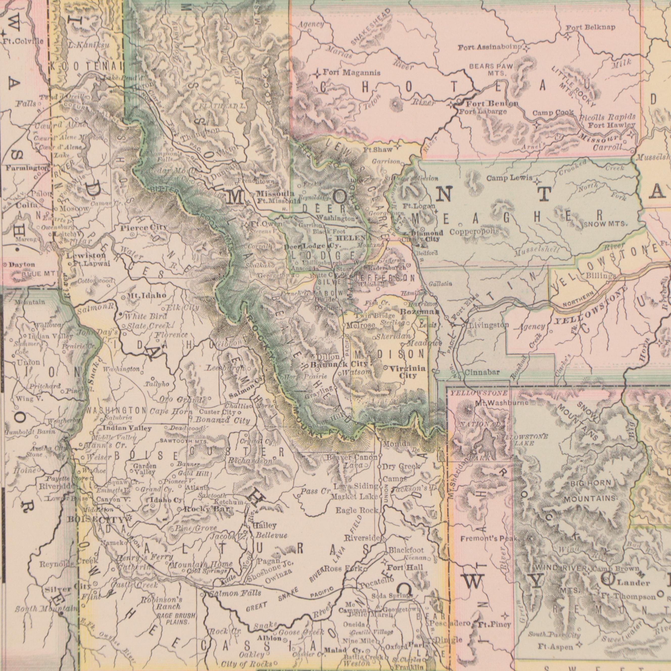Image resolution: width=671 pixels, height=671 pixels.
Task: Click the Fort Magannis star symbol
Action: [x=317, y=74]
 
